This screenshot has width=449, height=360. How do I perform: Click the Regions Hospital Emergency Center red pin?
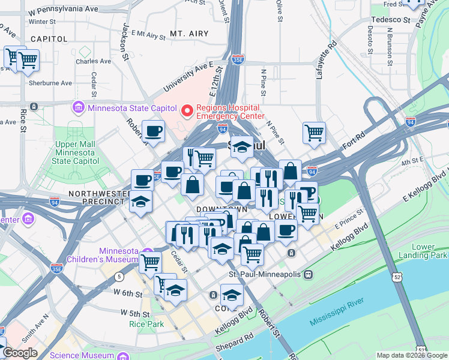tap(187, 110)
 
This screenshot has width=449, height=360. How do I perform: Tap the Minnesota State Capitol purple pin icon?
tap(78, 108)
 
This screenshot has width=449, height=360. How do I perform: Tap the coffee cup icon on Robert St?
tap(154, 131)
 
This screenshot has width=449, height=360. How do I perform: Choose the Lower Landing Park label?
tap(429, 251)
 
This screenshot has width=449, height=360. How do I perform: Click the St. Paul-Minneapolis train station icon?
tap(308, 274)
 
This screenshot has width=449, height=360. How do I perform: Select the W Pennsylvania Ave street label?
tap(64, 10)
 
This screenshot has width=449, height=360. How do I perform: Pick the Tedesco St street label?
tap(390, 19)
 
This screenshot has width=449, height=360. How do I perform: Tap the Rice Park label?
tap(143, 324)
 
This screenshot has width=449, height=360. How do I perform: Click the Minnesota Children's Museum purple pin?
tap(148, 253)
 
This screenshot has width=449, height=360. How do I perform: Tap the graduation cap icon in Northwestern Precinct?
tap(140, 203)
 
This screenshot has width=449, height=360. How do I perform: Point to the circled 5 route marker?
tap(120, 276)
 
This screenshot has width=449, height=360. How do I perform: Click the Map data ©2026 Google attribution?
tap(411, 355)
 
